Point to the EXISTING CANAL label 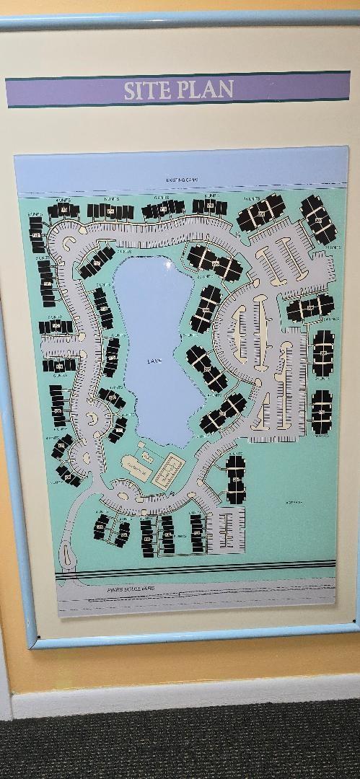click(x=181, y=180)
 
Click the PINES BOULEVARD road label click(x=115, y=589)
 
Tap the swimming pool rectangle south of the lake click(x=168, y=472)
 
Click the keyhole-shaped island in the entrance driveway click(x=68, y=555)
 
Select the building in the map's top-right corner click(x=318, y=219)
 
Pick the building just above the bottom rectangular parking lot click(x=235, y=479)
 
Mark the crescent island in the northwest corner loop click(x=69, y=243)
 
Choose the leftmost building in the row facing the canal click(x=63, y=211)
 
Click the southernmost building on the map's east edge click(x=322, y=412)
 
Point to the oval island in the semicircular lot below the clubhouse click(x=123, y=496)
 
